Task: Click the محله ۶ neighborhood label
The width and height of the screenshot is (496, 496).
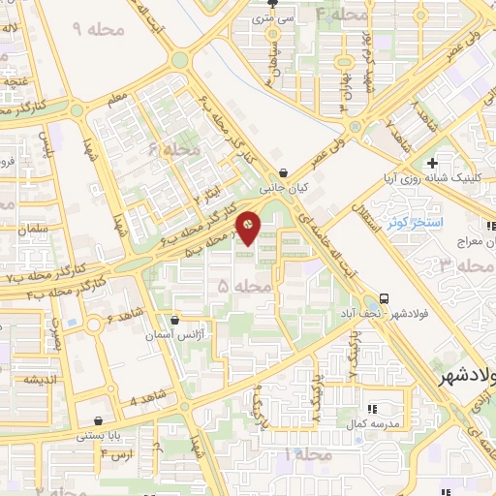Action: pyautogui.click(x=174, y=150)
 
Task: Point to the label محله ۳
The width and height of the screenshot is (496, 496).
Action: pyautogui.click(x=459, y=264)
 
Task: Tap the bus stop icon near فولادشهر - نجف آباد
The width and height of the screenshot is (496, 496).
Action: pyautogui.click(x=386, y=298)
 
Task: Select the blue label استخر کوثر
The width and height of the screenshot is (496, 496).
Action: pyautogui.click(x=414, y=223)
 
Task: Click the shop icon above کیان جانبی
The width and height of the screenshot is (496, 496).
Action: pyautogui.click(x=282, y=164)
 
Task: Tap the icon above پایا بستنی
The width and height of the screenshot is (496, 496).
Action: pyautogui.click(x=98, y=421)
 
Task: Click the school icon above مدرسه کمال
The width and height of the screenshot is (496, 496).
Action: pyautogui.click(x=372, y=410)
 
